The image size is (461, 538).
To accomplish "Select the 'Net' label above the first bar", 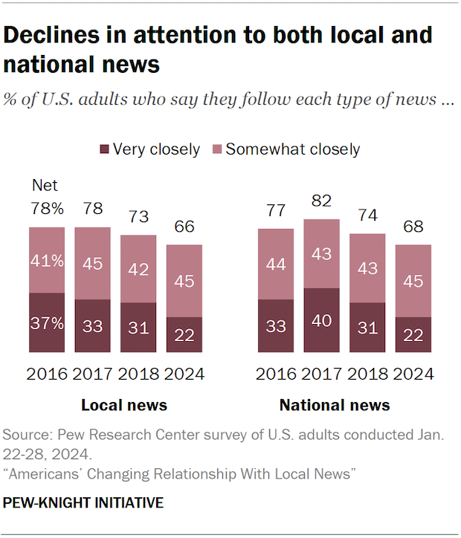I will tap(44, 186).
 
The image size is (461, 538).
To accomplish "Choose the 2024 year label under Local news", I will tap(184, 373).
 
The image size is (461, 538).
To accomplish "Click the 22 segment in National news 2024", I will tap(414, 335).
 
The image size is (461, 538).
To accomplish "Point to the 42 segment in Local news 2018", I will tap(139, 269).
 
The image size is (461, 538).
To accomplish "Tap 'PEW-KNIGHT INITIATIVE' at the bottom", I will tap(83, 504).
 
